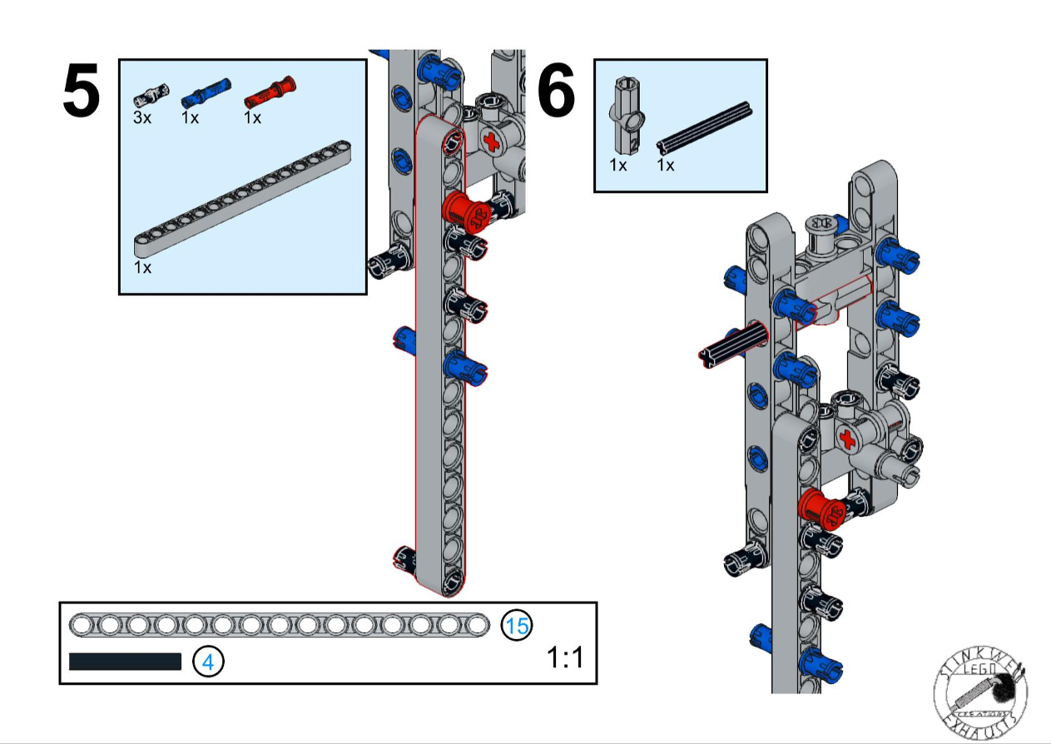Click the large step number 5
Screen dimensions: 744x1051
click(x=82, y=92)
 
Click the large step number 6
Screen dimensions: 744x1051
click(x=557, y=92)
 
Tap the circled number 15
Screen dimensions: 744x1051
click(x=517, y=624)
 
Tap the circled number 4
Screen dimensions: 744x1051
click(x=208, y=662)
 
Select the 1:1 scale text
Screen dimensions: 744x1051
click(x=565, y=658)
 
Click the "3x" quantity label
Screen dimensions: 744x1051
click(x=142, y=117)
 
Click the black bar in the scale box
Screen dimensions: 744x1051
click(x=125, y=662)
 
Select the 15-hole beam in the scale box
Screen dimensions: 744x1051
click(x=280, y=624)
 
